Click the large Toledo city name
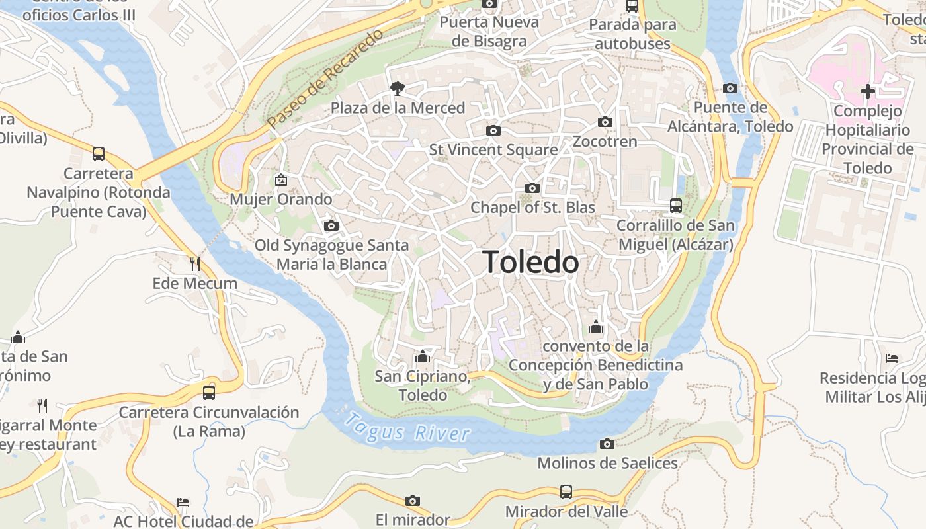click(x=530, y=263)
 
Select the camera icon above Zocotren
click(x=605, y=122)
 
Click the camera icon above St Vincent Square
click(x=493, y=130)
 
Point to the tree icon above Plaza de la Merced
click(x=398, y=87)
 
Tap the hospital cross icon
click(x=868, y=91)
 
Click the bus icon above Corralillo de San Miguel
click(x=675, y=206)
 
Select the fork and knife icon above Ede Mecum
click(x=194, y=264)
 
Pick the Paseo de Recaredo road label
click(x=325, y=79)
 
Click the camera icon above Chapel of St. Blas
click(x=532, y=188)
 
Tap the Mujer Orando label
click(x=281, y=199)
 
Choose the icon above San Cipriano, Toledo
click(x=423, y=358)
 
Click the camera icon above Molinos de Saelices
click(x=607, y=444)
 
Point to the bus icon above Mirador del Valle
click(x=566, y=492)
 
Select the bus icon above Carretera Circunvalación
click(x=209, y=392)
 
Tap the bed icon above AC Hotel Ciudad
click(x=183, y=503)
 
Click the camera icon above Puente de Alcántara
click(x=730, y=88)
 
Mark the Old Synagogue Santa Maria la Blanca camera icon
click(x=331, y=226)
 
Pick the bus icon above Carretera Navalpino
click(x=99, y=154)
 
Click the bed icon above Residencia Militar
click(x=891, y=358)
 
